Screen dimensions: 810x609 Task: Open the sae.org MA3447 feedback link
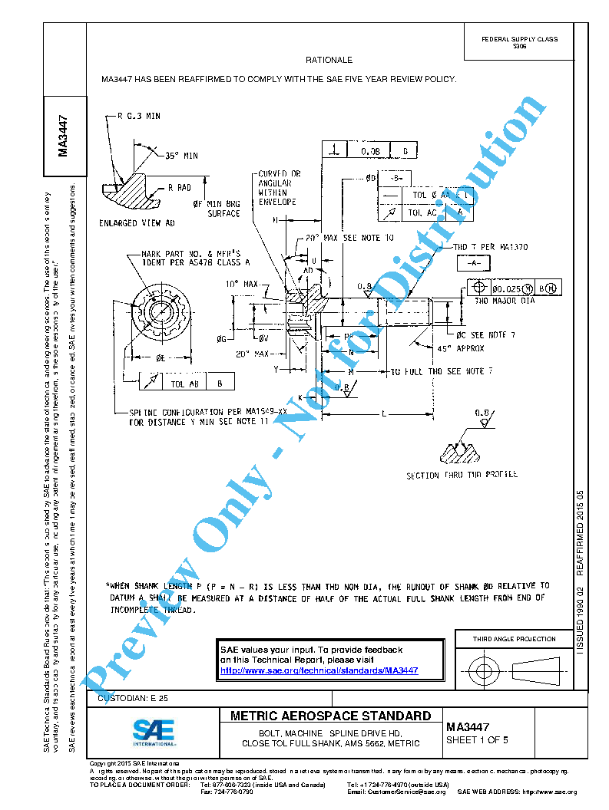tap(319, 670)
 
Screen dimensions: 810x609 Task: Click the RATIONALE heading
tap(329, 60)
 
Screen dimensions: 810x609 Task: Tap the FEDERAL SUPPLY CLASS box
tap(519, 42)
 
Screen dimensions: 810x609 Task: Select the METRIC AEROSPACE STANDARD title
tap(330, 716)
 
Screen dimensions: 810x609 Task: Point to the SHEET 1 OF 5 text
tap(477, 740)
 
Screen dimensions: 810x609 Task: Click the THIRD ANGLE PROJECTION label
tap(514, 639)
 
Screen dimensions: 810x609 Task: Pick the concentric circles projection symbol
tap(483, 672)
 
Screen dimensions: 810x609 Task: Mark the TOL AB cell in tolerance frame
tap(184, 382)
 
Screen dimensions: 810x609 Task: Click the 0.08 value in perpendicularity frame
tap(370, 150)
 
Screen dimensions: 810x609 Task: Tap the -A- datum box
tap(473, 263)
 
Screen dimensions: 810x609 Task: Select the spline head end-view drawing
tap(164, 314)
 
